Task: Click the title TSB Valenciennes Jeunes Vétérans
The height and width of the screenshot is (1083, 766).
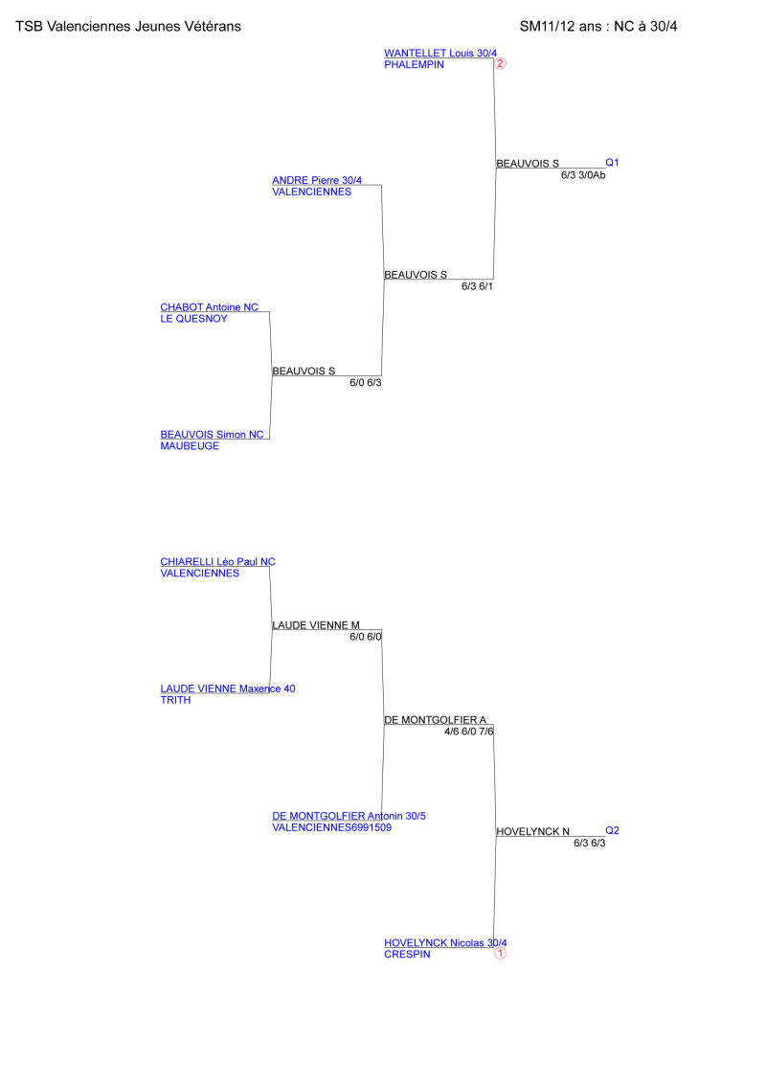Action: tap(128, 27)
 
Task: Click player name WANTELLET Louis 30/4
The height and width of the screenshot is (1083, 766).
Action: tap(440, 54)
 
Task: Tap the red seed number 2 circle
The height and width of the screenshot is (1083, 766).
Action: tap(501, 63)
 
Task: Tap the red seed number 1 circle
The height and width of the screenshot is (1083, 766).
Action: tap(501, 953)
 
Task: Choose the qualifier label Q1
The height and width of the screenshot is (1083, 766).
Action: tap(612, 163)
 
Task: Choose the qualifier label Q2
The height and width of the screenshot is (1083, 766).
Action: tap(612, 830)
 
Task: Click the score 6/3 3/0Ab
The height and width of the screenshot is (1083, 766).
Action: tap(583, 175)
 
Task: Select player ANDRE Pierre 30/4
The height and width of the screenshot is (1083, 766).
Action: tap(316, 180)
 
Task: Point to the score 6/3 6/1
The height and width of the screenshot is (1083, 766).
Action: tap(477, 286)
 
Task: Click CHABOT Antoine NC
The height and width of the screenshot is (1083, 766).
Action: tap(210, 307)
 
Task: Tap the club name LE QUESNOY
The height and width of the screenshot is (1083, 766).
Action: tap(193, 319)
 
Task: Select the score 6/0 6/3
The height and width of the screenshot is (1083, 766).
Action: tap(366, 383)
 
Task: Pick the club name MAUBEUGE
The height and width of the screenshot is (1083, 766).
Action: tap(190, 446)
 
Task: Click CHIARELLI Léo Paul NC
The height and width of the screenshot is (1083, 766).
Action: tap(217, 561)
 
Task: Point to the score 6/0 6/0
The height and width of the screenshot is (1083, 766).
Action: tap(366, 637)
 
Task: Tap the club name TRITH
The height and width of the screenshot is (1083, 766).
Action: tap(175, 700)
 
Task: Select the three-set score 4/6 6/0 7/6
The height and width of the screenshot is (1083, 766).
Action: tap(469, 732)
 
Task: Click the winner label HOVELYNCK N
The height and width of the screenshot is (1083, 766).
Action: tap(532, 831)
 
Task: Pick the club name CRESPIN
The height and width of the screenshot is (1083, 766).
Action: tap(407, 955)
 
